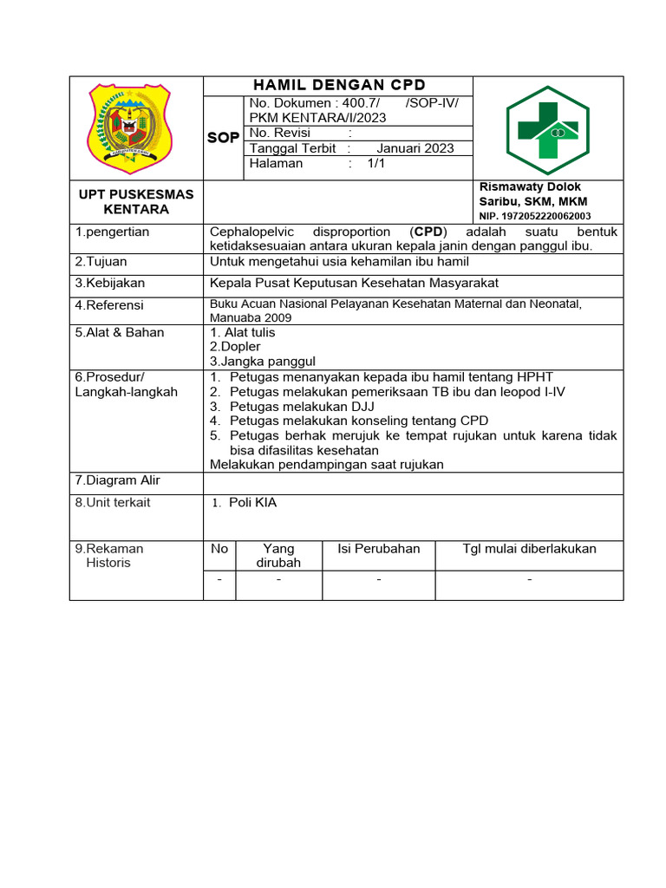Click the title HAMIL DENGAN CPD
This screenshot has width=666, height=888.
339,85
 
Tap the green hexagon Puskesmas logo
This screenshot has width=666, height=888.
547,130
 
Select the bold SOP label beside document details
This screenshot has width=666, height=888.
223,138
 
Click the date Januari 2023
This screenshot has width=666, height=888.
409,148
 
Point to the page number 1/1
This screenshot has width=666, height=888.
376,163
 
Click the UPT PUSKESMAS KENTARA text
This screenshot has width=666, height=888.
136,201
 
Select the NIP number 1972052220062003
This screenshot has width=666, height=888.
535,216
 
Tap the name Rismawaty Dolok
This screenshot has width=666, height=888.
530,187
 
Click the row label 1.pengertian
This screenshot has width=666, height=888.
112,232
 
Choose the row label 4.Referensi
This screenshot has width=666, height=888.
109,305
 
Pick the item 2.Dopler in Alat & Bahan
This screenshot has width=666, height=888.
235,347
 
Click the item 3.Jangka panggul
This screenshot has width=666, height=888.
263,362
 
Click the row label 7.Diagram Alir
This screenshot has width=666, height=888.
117,480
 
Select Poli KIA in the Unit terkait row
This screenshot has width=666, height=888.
252,503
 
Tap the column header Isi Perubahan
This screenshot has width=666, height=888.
378,548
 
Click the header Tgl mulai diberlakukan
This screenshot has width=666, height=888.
529,548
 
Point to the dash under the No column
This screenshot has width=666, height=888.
219,579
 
